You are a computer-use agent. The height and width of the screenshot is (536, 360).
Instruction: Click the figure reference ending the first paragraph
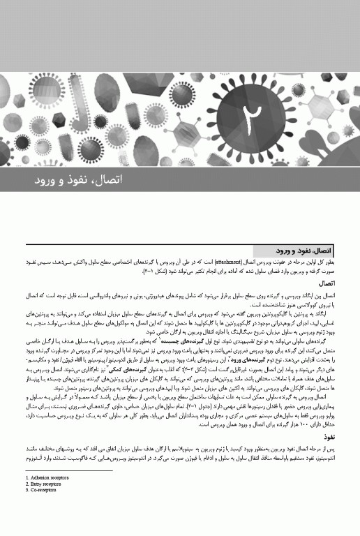pos(156,269)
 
